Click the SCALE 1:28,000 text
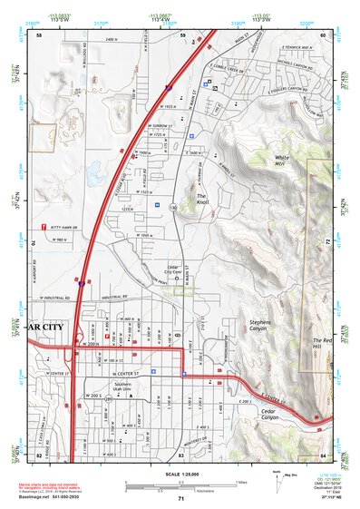[180, 474]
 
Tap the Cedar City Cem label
[177, 271]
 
